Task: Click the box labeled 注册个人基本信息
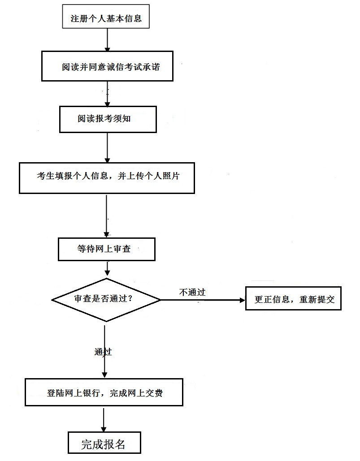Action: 106,18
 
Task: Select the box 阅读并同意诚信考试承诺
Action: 107,67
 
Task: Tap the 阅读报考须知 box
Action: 108,119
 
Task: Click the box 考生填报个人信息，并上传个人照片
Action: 107,177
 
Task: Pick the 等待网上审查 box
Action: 107,249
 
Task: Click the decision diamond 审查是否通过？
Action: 106,299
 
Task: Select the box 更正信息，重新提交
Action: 293,299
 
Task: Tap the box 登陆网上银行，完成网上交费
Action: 104,393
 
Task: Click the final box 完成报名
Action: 104,444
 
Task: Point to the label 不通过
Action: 192,292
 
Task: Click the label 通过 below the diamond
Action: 103,352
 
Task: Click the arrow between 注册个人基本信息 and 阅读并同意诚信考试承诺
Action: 107,40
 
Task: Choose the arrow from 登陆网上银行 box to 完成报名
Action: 104,419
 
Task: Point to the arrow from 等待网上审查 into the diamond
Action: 107,269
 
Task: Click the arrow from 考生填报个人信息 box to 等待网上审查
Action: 106,215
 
